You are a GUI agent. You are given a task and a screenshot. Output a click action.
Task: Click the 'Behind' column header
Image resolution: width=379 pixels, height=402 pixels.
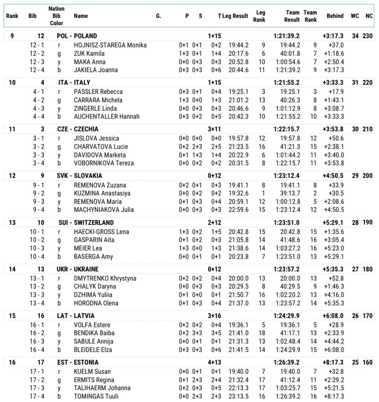pos(335,16)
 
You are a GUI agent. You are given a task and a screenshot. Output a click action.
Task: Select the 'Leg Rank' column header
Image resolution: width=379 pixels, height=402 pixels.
pos(260,16)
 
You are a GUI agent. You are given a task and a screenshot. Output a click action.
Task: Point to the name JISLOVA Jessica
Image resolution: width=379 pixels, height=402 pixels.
pos(96,138)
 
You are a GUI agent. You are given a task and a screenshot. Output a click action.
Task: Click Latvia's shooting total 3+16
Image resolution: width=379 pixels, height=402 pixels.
pos(214,316)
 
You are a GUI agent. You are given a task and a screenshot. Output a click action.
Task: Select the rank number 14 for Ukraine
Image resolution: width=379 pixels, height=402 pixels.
pos(12,269)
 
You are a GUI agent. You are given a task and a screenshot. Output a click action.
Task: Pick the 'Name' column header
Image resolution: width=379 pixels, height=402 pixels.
pos(81,16)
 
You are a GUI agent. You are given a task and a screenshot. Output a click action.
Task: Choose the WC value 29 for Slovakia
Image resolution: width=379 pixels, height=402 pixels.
pos(355,176)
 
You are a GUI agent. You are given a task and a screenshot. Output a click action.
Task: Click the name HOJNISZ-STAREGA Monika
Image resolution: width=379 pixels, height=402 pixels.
pos(110,45)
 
